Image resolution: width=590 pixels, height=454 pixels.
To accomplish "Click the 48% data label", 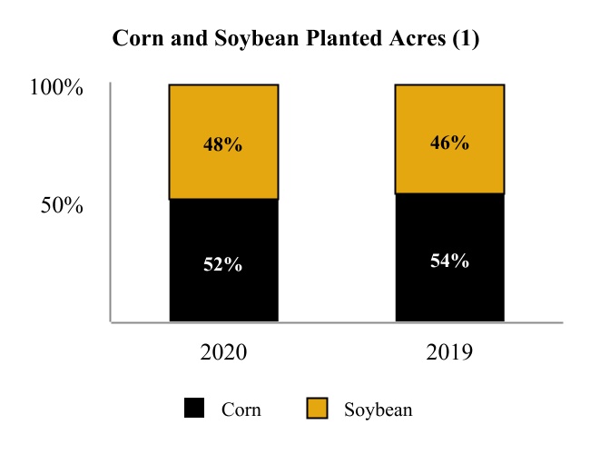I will [223, 144].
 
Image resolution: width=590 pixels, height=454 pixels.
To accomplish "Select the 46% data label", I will [449, 143].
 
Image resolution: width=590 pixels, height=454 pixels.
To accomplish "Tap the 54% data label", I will [449, 261].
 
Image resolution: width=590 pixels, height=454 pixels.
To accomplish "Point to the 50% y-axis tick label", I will [62, 206].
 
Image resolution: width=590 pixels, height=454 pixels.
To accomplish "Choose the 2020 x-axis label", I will [223, 352].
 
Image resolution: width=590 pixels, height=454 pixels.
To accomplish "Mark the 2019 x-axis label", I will [449, 352].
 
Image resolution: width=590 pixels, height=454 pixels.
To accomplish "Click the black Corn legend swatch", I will [194, 409].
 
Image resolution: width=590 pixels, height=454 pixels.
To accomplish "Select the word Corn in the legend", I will [241, 410].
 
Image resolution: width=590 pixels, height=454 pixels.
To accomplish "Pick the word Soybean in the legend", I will [379, 410].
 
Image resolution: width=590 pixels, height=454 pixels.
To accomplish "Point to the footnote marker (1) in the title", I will [462, 41].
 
